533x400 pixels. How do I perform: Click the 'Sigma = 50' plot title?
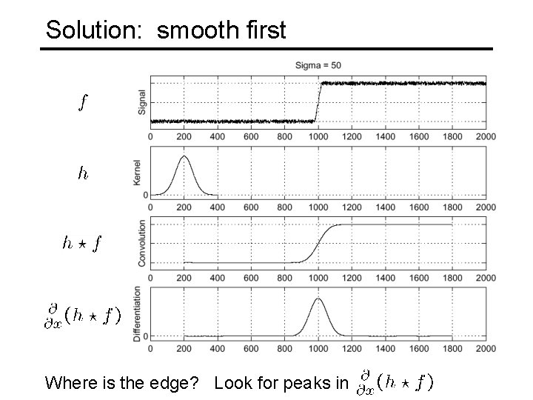pos(318,65)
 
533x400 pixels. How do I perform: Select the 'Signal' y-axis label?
pos(141,102)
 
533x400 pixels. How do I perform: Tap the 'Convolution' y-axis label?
pos(141,243)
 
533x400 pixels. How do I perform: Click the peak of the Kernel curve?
pos(184,156)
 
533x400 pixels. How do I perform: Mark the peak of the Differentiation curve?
pos(318,299)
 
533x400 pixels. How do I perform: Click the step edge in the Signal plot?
pos(318,102)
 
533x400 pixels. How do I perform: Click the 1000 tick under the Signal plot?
pos(318,136)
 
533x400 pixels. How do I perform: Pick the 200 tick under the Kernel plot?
pos(184,207)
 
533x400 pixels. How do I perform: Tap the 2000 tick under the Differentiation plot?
pos(486,348)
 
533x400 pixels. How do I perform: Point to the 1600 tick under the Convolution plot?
pos(419,278)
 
